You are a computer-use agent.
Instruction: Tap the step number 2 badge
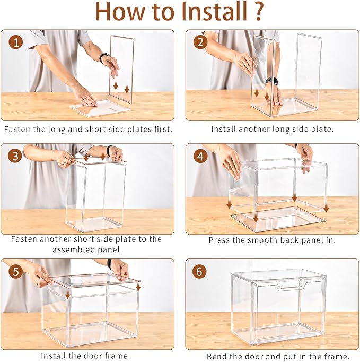coord(200,42)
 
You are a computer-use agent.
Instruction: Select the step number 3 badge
coord(16,156)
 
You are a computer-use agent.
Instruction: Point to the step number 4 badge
coord(200,156)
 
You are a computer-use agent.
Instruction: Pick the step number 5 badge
coord(16,271)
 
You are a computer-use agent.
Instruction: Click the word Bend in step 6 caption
coord(217,356)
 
